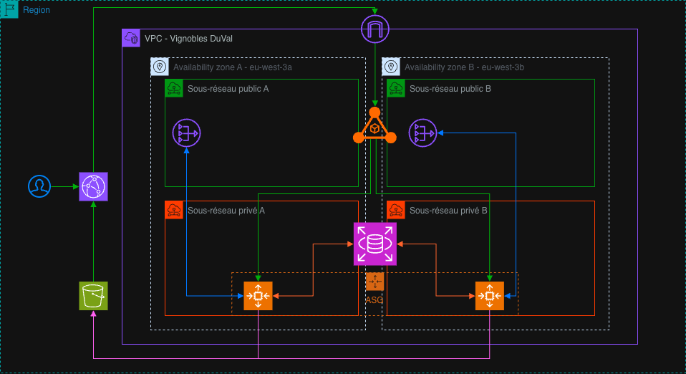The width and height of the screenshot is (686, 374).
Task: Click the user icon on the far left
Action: click(40, 186)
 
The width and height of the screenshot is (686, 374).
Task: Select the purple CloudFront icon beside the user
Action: click(93, 186)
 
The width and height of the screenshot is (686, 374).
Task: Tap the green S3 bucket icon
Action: click(93, 296)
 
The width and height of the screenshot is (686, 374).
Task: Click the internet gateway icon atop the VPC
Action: click(375, 29)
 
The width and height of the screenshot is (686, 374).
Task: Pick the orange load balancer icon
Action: click(375, 128)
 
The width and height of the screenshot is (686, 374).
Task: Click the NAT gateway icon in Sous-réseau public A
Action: click(186, 133)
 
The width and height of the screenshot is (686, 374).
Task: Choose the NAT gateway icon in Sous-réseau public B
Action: click(422, 133)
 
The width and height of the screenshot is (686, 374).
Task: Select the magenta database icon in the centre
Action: click(375, 244)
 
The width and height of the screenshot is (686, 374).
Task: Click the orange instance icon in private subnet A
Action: click(258, 296)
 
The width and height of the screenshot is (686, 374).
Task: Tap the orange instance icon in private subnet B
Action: click(490, 296)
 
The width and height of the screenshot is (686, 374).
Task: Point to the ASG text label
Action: click(375, 300)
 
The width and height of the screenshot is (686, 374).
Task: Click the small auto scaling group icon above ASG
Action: click(375, 282)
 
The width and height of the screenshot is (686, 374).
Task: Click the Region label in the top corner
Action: click(37, 10)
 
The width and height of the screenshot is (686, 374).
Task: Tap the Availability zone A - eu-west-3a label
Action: click(232, 67)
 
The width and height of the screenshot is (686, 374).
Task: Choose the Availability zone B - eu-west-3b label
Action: click(464, 67)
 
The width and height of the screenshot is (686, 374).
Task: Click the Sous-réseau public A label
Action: click(228, 89)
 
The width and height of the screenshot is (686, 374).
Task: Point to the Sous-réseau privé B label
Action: click(448, 211)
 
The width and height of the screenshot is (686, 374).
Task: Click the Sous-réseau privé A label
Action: click(226, 211)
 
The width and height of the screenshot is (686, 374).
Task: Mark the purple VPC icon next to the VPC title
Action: click(131, 38)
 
